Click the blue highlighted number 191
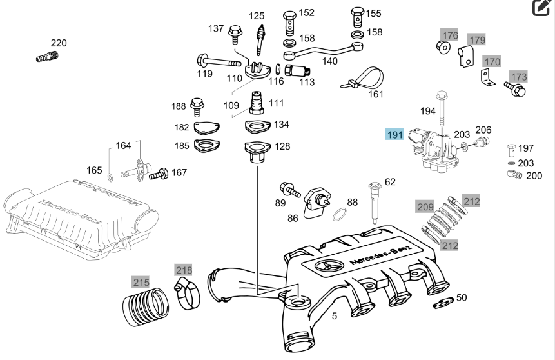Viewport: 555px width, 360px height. [394, 135]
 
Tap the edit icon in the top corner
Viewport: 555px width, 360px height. [540, 8]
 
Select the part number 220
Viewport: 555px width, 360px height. [58, 43]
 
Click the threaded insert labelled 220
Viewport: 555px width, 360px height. [46, 57]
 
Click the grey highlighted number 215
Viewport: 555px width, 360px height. [141, 282]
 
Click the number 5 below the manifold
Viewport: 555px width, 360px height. [335, 316]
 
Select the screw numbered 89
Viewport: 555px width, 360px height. [289, 190]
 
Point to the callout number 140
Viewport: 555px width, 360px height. [329, 62]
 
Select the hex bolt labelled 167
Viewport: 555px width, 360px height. [159, 173]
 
